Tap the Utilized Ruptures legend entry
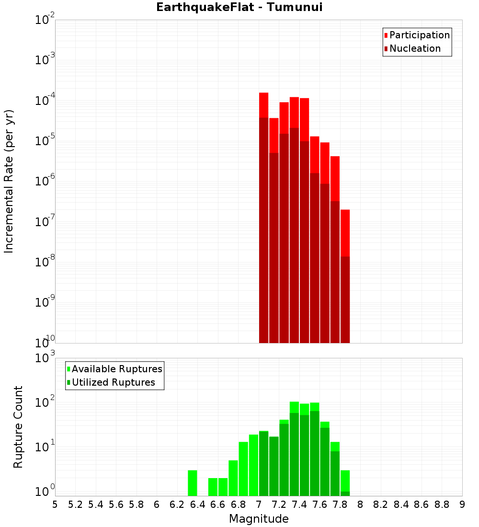click(x=113, y=382)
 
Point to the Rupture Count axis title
click(x=18, y=427)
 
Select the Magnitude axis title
click(x=259, y=519)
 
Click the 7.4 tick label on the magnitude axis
click(x=299, y=504)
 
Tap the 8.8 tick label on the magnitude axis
click(x=442, y=504)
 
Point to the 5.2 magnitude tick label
click(x=75, y=504)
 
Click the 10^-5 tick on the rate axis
click(x=45, y=141)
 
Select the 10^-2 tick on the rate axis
click(x=45, y=20)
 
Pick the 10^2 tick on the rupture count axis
click(x=45, y=403)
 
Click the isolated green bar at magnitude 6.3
click(x=193, y=483)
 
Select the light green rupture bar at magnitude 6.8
click(x=243, y=469)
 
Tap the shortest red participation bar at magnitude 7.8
click(x=345, y=233)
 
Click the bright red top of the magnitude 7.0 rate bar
click(x=264, y=105)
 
